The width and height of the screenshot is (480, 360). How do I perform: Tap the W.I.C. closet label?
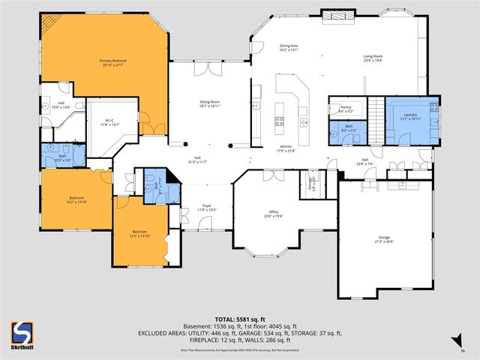109,121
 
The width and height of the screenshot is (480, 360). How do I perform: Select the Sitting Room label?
209,102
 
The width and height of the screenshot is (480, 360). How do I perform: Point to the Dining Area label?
289,47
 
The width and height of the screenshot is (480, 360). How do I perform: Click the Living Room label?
373,58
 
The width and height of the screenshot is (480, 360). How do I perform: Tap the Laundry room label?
410,116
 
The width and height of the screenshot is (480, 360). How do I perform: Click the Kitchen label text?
286,148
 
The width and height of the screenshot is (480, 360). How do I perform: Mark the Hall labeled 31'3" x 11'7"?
196,159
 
